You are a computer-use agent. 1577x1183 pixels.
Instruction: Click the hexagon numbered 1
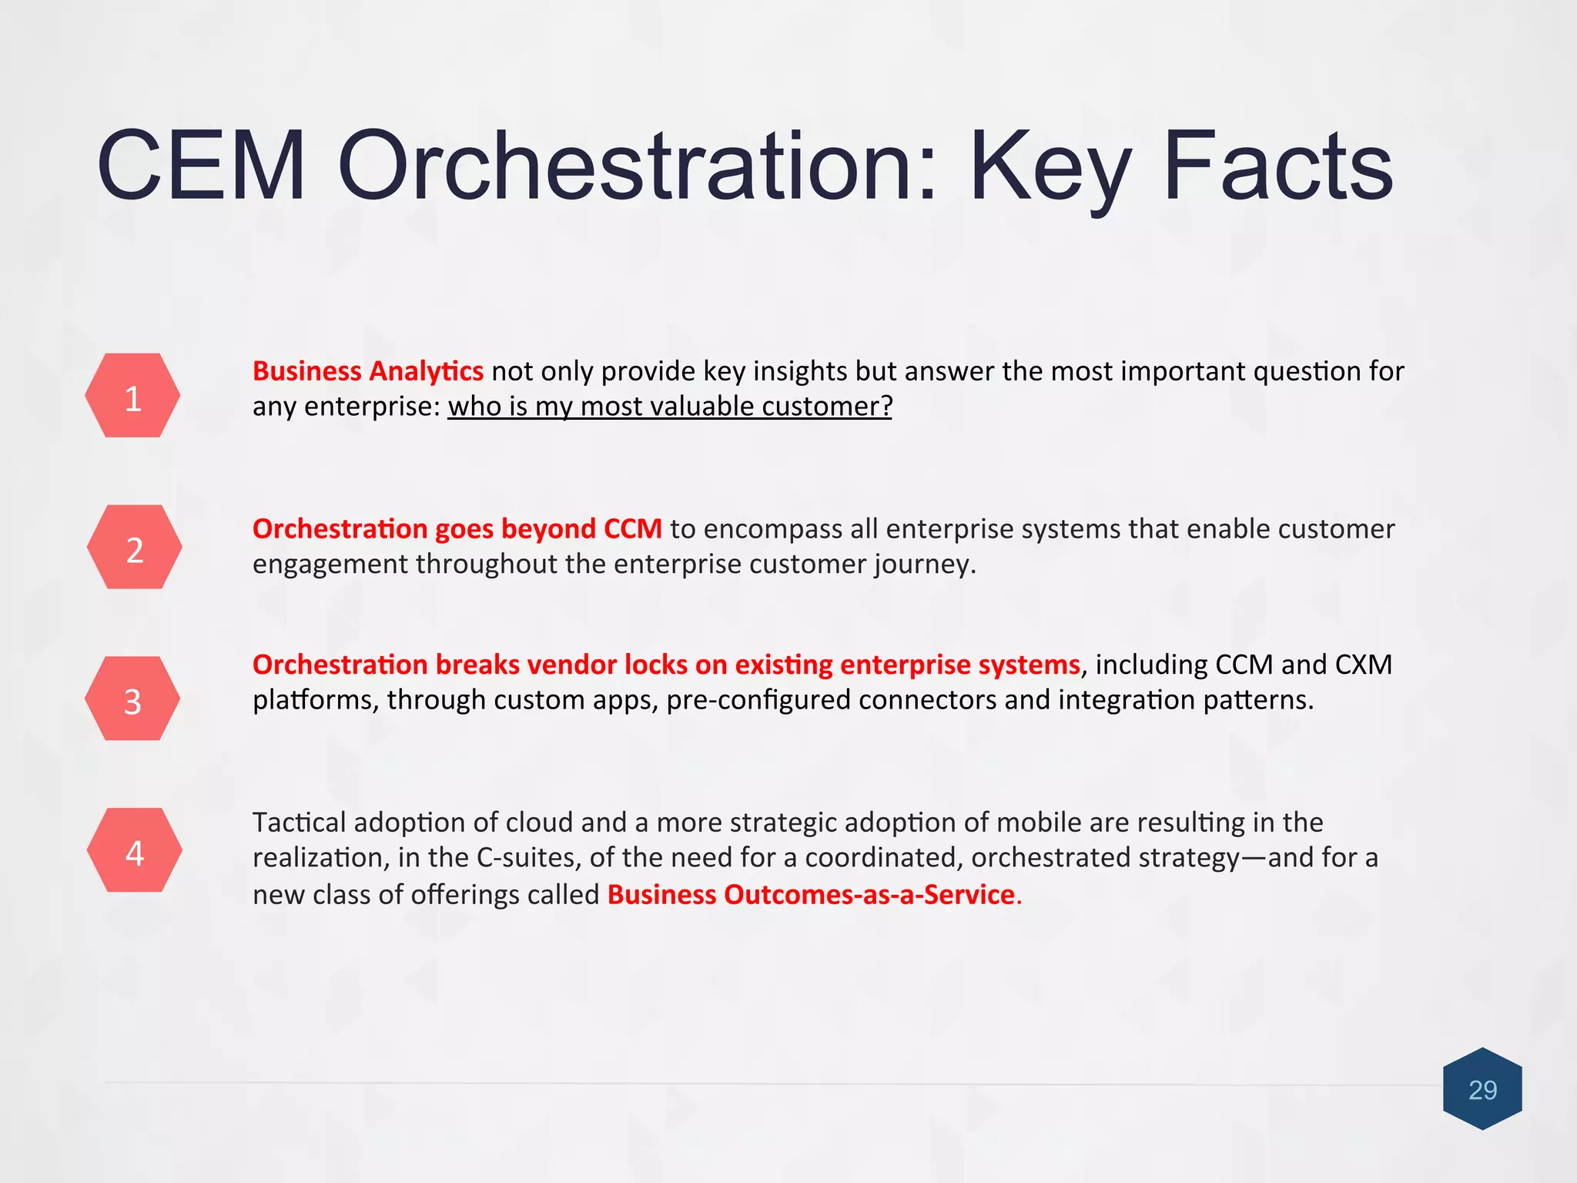132,396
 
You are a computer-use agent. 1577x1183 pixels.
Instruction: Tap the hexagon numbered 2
134,548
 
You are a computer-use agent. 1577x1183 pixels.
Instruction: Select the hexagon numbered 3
132,699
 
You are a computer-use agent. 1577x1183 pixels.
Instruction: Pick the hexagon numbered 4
134,851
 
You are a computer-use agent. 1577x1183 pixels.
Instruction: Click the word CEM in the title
202,166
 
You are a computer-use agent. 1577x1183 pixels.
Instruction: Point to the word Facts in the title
1278,166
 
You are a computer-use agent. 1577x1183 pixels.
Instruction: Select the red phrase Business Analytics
368,371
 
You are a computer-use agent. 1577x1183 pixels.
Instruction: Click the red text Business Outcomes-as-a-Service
811,895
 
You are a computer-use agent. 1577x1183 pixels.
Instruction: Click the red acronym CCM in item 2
632,529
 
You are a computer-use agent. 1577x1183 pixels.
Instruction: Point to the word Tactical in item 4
300,823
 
